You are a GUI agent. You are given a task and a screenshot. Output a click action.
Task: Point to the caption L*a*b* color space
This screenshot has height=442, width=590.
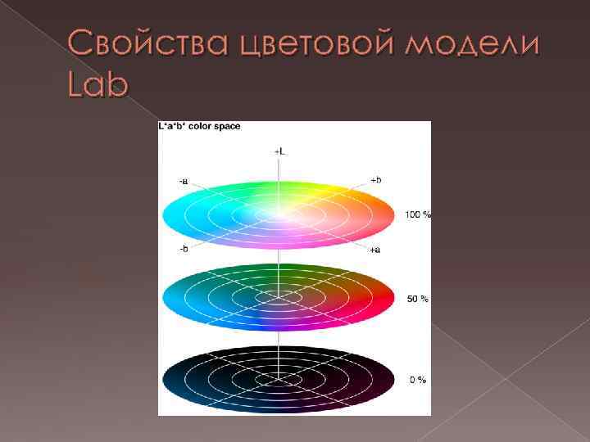[199, 127]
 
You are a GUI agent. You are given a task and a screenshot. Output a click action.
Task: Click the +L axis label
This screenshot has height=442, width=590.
[279, 151]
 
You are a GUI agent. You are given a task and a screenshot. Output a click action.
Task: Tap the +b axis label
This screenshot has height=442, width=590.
[375, 180]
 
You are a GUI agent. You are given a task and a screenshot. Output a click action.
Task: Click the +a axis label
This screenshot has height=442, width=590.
[374, 249]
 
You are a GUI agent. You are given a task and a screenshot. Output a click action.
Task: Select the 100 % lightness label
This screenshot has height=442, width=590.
[418, 214]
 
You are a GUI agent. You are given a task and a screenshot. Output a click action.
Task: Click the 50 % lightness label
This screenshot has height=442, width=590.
[418, 299]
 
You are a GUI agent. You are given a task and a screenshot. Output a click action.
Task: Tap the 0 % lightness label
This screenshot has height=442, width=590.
[418, 380]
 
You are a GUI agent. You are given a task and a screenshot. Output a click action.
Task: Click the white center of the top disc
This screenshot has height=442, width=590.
[279, 214]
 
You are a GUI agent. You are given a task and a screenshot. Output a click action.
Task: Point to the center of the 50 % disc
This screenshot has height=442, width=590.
[279, 298]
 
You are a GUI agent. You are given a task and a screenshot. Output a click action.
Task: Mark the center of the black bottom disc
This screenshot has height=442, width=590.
[279, 380]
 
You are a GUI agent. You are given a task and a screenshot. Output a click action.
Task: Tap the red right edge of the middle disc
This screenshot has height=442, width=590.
[387, 296]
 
